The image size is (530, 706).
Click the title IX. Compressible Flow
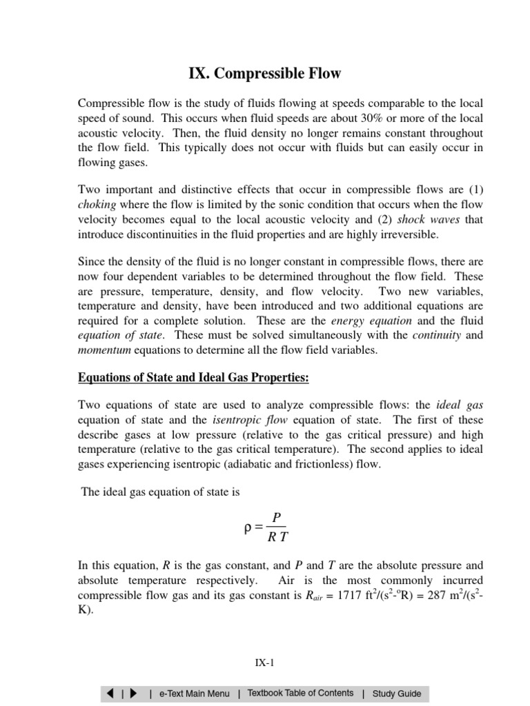[x=265, y=73]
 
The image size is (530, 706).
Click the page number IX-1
[x=265, y=664]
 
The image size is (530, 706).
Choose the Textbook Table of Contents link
[x=300, y=694]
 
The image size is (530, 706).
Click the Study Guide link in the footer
[x=397, y=694]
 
